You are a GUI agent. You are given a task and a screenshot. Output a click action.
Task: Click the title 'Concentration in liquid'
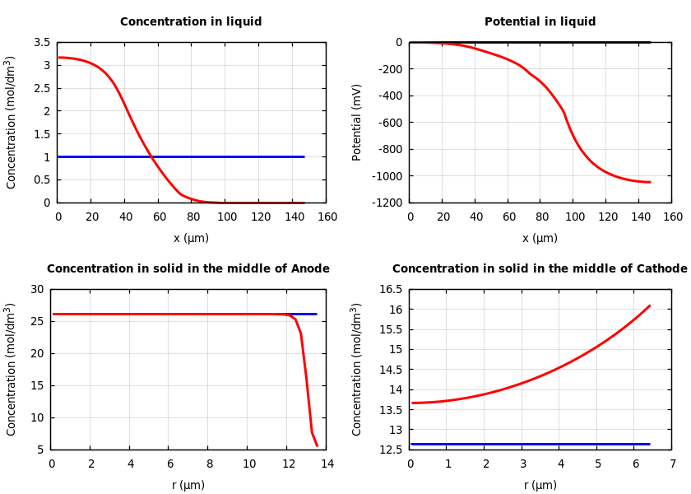pos(191,22)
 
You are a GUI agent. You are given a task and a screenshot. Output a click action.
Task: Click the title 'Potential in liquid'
pos(540,22)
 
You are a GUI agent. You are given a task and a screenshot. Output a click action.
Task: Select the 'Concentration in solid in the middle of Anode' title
pos(188,269)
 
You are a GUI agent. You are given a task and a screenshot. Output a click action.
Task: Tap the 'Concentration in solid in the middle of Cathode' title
pos(539,269)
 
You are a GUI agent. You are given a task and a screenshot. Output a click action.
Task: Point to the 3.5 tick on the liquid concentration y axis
pos(41,42)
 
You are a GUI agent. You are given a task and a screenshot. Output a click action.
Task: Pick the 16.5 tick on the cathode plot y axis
pos(389,289)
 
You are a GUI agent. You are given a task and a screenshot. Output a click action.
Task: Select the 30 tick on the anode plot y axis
pos(36,289)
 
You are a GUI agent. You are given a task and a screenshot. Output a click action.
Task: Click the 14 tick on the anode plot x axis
pos(327,464)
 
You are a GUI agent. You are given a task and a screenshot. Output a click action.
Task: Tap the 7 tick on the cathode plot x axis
pos(672,464)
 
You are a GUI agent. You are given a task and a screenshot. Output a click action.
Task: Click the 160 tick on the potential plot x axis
pos(672,217)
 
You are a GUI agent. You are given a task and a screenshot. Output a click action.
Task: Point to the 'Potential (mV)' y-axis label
pos(357,122)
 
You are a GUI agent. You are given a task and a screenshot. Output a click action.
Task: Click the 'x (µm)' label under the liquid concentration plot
pos(191,239)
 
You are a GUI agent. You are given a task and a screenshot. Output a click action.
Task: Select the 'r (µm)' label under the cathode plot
pos(540,486)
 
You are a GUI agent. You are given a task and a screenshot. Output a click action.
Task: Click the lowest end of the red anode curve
pos(317,445)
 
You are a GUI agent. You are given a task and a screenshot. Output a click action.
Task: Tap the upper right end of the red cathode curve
pos(649,305)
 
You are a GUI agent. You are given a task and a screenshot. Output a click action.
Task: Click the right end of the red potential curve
pos(650,182)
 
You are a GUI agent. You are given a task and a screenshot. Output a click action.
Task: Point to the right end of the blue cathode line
pos(649,444)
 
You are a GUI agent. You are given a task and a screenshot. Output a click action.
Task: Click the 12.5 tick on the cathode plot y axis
pos(389,450)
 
